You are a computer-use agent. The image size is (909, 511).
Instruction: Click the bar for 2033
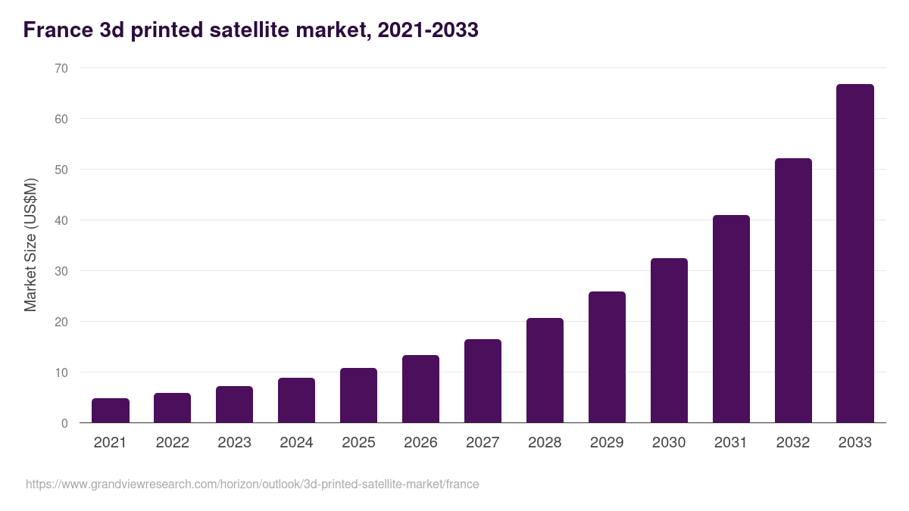(x=854, y=254)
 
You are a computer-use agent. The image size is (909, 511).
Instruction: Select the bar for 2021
(x=111, y=410)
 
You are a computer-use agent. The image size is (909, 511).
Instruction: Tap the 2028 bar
(x=545, y=370)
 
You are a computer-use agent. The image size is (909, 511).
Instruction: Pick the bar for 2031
(x=731, y=319)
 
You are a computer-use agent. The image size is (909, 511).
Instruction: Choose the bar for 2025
(x=358, y=395)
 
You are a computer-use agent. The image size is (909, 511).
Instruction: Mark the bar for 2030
(x=669, y=341)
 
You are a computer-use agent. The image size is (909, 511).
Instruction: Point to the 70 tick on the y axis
(x=61, y=68)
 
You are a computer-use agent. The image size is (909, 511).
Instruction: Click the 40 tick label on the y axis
(x=61, y=220)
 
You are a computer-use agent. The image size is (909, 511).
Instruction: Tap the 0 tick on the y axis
(x=64, y=423)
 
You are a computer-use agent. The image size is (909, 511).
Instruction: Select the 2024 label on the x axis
(x=296, y=443)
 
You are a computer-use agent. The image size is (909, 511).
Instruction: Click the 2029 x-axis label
(x=607, y=443)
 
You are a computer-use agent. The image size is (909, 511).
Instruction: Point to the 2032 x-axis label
(x=793, y=443)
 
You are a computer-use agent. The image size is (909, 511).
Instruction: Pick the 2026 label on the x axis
(x=420, y=443)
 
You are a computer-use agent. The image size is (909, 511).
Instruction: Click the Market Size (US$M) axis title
(x=30, y=245)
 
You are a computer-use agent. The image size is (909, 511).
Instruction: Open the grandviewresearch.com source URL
(x=252, y=484)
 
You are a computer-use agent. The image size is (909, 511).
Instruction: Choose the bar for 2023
(x=234, y=404)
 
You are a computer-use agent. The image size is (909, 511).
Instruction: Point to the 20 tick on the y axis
(x=61, y=322)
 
